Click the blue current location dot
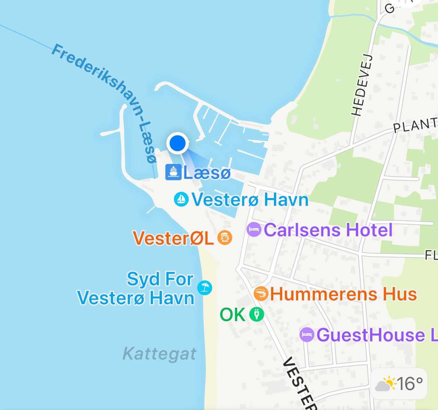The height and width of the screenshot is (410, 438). [178, 143]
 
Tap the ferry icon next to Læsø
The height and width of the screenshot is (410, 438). [173, 172]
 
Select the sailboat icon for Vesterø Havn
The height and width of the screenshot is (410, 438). [181, 199]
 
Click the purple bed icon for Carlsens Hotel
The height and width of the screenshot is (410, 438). [254, 230]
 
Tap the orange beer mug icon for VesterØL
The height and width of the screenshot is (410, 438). [225, 237]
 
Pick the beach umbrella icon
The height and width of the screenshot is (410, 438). [205, 288]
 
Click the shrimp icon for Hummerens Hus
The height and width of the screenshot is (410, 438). [261, 294]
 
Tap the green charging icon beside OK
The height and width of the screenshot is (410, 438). [256, 314]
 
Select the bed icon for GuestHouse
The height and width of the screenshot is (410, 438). [307, 335]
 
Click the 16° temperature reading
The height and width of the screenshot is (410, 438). [410, 384]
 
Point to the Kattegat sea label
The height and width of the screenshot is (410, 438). [159, 354]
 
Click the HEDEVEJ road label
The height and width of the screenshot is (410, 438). [361, 85]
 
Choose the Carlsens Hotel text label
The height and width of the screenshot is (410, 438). [328, 230]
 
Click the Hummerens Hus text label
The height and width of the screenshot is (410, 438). [343, 294]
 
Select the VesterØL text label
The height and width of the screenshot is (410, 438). [173, 238]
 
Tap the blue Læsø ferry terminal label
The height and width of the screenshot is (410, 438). [207, 173]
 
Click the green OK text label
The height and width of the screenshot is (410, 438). [233, 315]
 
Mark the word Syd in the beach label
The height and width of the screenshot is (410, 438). [143, 279]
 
